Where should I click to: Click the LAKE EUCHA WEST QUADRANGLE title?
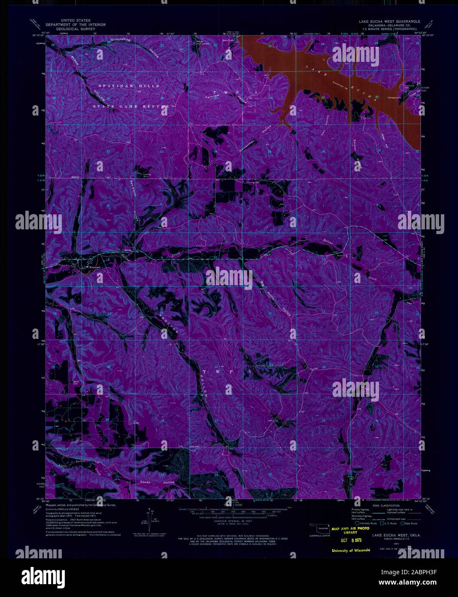coord(390,21)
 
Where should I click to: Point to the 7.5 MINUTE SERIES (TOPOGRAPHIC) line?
coord(390,28)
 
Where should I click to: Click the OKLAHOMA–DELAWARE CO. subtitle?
coord(390,25)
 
